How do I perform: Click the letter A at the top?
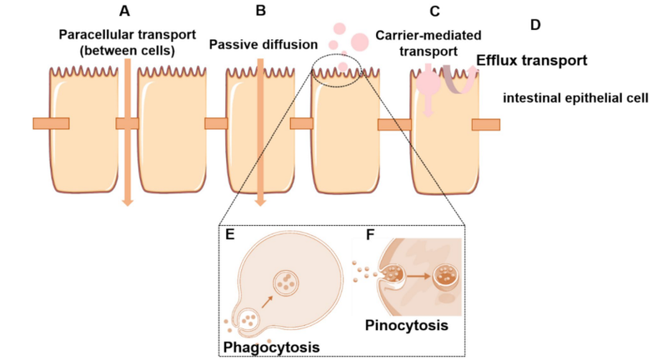[124, 12]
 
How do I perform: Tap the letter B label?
[261, 12]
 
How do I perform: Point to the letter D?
[535, 24]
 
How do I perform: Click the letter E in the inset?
[231, 235]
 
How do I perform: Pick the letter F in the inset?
[370, 234]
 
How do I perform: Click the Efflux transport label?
[529, 61]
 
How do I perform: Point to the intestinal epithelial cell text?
[576, 97]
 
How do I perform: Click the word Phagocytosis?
[271, 343]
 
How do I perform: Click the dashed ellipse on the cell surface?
[338, 67]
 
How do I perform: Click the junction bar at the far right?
[486, 124]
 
